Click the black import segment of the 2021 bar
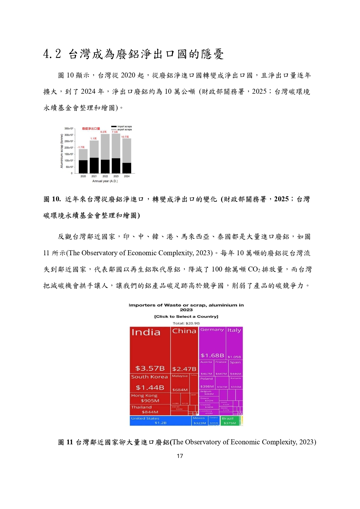[x=94, y=165]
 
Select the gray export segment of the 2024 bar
[x=127, y=151]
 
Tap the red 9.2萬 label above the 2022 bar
[x=104, y=132]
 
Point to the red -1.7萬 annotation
[x=81, y=147]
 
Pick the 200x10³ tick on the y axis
[x=69, y=148]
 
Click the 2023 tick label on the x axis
[x=116, y=176]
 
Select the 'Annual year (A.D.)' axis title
[x=105, y=181]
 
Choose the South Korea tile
[x=150, y=382]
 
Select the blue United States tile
[x=160, y=421]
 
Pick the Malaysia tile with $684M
[x=180, y=383]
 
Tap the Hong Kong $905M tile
[x=150, y=398]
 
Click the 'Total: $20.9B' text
[x=186, y=323]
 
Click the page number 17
[x=180, y=456]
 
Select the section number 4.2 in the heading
[x=52, y=54]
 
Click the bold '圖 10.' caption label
[x=52, y=199]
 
